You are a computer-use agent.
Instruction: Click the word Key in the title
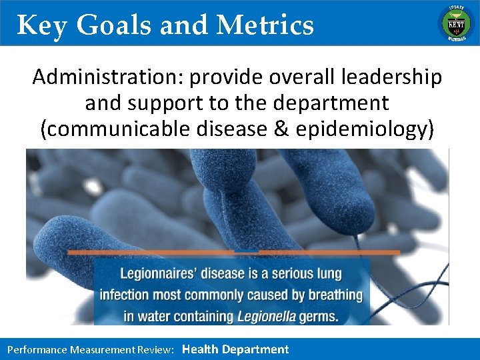pos(42,25)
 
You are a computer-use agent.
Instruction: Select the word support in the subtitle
pos(161,103)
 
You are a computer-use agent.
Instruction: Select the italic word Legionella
pos(265,315)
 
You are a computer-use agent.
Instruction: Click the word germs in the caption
pos(317,315)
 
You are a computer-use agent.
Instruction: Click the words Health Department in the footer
pos(235,349)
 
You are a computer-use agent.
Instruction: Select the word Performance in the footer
pos(37,349)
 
